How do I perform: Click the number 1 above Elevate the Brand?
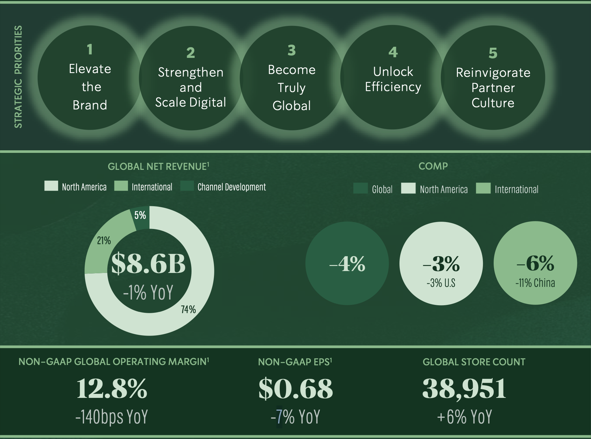(x=90, y=49)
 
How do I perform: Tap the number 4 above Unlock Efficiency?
(x=393, y=52)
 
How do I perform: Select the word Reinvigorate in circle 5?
(x=493, y=73)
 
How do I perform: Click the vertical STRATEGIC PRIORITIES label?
(x=18, y=77)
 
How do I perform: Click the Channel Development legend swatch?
(x=187, y=186)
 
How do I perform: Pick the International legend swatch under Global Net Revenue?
(x=121, y=186)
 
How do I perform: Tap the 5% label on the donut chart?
(x=140, y=215)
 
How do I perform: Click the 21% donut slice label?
(x=104, y=241)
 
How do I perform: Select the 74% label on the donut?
(x=188, y=309)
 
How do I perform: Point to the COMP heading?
(x=433, y=166)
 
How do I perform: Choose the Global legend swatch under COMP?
(x=360, y=188)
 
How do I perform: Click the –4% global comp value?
(x=347, y=264)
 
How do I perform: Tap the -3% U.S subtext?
(x=441, y=283)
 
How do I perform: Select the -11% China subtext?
(x=535, y=283)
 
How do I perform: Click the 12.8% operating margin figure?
(x=112, y=388)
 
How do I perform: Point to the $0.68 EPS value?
(x=295, y=388)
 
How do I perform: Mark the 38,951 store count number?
(x=464, y=388)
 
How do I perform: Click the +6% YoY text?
(x=464, y=417)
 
